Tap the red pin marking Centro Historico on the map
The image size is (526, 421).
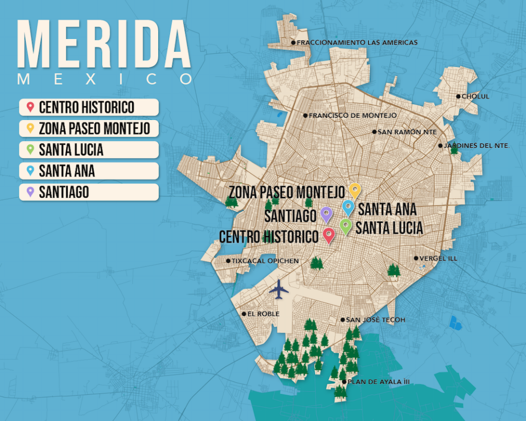point(329,235)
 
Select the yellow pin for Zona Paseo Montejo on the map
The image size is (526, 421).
point(355,190)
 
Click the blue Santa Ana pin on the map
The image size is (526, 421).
point(348,207)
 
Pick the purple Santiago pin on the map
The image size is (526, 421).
point(327,214)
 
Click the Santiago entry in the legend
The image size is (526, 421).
point(89,192)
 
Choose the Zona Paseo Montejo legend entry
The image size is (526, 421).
point(89,129)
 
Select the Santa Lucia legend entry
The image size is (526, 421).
point(89,150)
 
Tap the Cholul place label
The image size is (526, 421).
point(474,97)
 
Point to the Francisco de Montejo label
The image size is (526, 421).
point(352,116)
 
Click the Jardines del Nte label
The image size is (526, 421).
point(475,146)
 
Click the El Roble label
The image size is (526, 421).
point(263,314)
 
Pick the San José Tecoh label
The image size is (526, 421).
point(375,320)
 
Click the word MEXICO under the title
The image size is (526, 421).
point(105,79)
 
